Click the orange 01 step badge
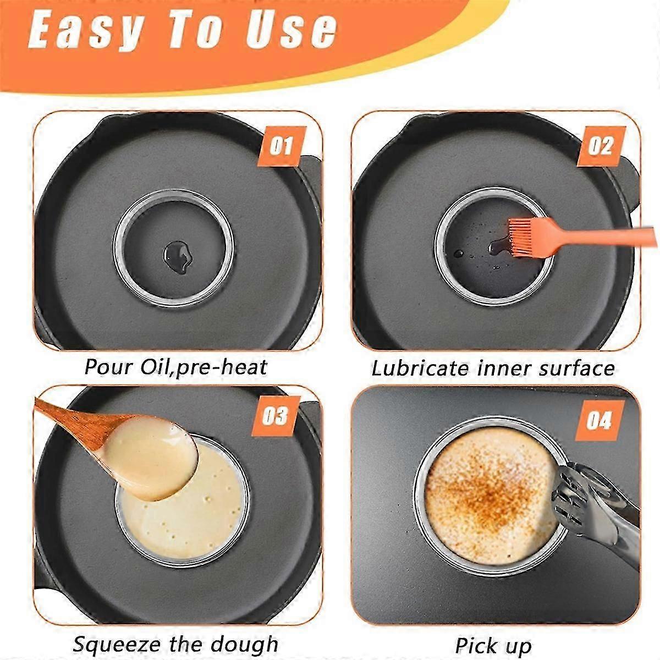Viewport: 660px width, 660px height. [x=282, y=146]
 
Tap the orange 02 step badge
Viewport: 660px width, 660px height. [x=602, y=146]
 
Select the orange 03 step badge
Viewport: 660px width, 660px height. [x=276, y=416]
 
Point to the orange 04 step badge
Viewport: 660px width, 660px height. [x=600, y=420]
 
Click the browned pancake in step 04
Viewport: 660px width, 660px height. [x=491, y=491]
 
